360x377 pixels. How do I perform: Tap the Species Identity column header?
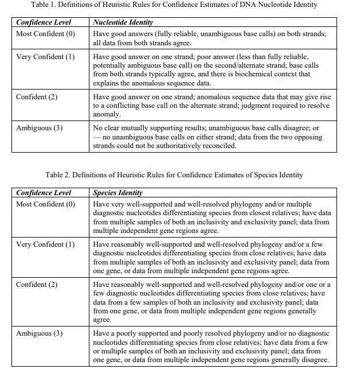[x=118, y=193]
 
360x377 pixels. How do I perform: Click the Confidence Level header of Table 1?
[x=44, y=22]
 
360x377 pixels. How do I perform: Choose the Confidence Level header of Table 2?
[x=44, y=193]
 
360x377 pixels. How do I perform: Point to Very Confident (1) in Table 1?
[x=45, y=57]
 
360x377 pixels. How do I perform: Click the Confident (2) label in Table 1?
[x=37, y=97]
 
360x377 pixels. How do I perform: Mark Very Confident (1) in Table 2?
[x=45, y=244]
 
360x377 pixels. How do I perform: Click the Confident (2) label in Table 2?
[x=37, y=285]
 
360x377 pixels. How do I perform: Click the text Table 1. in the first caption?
[x=56, y=5]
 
